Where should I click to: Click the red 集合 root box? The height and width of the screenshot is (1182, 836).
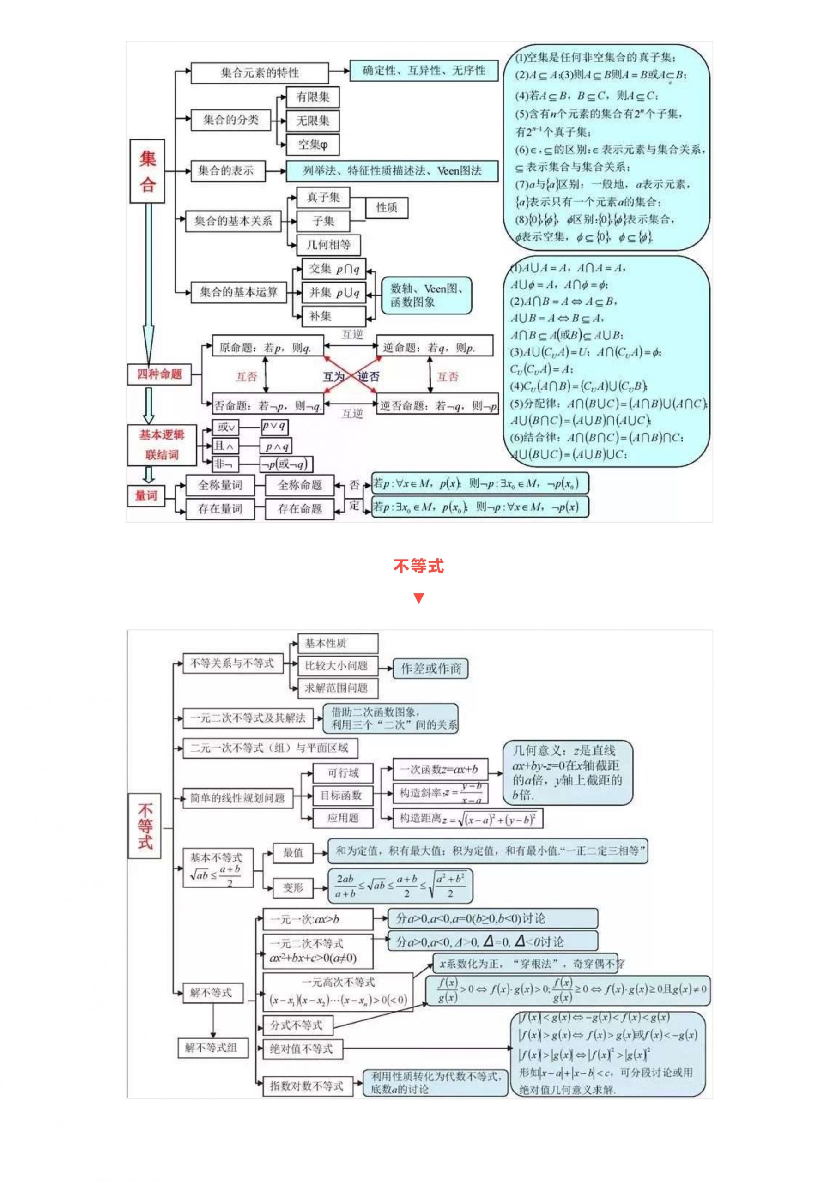click(147, 171)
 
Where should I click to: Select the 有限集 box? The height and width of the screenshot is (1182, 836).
click(313, 97)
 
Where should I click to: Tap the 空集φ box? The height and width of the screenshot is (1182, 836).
click(313, 145)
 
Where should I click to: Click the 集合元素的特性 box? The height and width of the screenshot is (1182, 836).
click(260, 72)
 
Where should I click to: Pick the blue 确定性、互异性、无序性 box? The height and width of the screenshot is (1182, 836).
click(424, 71)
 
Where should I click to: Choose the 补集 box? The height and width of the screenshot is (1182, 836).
click(333, 316)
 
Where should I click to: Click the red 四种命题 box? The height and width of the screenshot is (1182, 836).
click(159, 374)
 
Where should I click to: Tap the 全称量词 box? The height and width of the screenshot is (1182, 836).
click(220, 485)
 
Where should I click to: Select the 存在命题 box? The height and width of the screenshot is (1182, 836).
click(300, 509)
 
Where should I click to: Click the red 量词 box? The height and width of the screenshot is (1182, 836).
click(146, 496)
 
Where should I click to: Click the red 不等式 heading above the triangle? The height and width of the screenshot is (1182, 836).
click(418, 566)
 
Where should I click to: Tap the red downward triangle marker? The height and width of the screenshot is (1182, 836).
click(418, 598)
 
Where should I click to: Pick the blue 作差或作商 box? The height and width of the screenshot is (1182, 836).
click(430, 668)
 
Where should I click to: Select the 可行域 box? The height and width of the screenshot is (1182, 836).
click(343, 773)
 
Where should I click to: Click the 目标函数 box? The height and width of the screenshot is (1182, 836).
click(343, 796)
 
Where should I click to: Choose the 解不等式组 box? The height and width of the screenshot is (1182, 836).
click(211, 1047)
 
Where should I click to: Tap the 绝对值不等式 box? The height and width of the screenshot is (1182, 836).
click(302, 1048)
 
